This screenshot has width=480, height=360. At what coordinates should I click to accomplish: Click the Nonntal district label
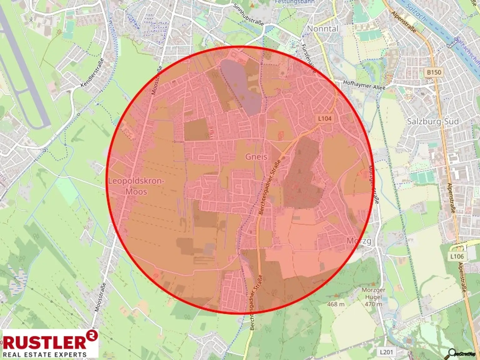[322, 29]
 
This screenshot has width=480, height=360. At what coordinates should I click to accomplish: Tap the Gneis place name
[256, 157]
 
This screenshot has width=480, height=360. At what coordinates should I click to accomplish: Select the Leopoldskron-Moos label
[136, 186]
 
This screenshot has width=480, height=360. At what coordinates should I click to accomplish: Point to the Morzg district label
[359, 241]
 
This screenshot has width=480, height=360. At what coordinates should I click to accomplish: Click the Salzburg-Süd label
[433, 122]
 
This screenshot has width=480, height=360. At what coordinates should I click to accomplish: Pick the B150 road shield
[434, 72]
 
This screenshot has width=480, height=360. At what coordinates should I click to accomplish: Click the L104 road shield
[324, 118]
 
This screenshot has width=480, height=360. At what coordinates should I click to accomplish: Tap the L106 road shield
[457, 256]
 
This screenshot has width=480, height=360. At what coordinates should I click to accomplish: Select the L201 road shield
[386, 352]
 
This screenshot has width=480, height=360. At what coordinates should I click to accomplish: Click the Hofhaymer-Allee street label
[364, 85]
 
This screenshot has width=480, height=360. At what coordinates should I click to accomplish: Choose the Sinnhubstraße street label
[248, 14]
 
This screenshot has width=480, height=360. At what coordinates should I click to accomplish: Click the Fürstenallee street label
[308, 58]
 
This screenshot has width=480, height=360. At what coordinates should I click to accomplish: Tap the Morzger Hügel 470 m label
[373, 297]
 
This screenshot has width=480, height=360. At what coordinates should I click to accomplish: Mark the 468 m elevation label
[336, 304]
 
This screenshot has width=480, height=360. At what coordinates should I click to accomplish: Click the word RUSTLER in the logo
[44, 342]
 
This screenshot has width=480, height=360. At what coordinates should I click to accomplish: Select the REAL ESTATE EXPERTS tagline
[44, 355]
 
